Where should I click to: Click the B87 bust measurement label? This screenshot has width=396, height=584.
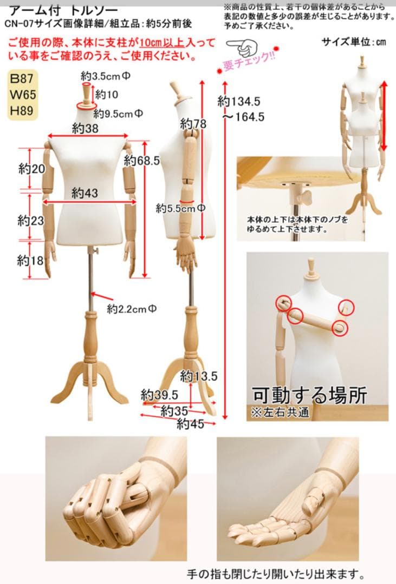22,78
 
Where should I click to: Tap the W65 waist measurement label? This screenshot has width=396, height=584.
23,95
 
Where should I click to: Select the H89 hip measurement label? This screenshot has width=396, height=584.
22,111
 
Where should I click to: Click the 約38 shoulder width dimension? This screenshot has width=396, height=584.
85,129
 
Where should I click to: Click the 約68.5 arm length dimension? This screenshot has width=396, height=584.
142,161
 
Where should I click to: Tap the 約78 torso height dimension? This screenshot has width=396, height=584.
193,124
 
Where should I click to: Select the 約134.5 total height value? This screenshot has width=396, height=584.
239,101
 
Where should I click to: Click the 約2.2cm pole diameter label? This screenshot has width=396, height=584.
132,309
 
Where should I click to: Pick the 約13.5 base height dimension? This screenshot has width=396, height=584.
199,376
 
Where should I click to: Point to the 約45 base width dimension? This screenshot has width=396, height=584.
191,423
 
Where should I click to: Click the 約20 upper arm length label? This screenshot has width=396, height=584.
32,169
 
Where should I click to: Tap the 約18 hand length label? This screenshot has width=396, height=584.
30,260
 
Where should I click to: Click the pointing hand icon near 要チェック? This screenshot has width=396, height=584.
243,47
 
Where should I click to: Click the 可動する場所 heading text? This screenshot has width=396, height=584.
309,395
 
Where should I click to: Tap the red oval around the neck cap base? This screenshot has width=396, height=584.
86,107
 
